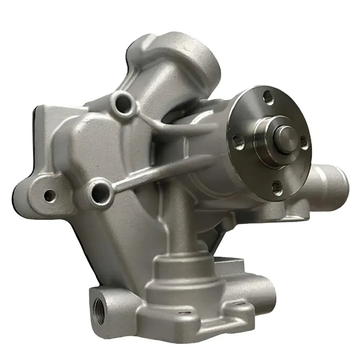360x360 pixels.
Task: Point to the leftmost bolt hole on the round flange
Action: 237,142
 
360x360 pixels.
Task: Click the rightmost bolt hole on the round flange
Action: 305,144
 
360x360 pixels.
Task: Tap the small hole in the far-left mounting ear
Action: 49,195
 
